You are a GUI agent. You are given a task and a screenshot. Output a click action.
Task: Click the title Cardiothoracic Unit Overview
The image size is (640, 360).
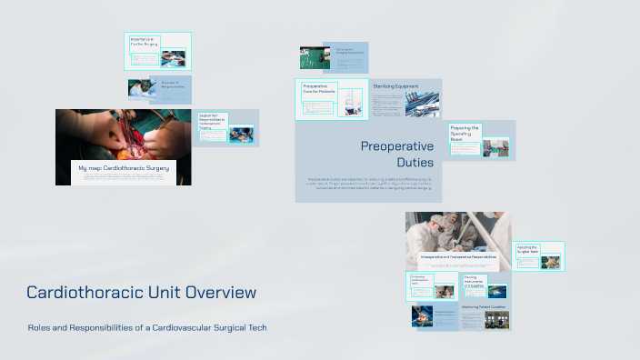pyautogui.click(x=141, y=293)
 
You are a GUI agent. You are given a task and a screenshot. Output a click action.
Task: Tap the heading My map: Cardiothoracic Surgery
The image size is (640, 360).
pyautogui.click(x=124, y=168)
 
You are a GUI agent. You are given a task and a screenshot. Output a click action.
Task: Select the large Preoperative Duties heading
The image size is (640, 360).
pyautogui.click(x=396, y=154)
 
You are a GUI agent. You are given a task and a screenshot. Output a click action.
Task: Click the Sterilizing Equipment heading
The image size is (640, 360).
pyautogui.click(x=395, y=85)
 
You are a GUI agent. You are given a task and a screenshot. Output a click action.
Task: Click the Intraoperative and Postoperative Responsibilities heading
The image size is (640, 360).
pyautogui.click(x=458, y=257)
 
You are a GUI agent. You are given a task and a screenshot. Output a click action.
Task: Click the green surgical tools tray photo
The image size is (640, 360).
pyautogui.click(x=315, y=58)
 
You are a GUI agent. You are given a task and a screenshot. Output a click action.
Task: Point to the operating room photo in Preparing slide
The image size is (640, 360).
pyautogui.click(x=495, y=146)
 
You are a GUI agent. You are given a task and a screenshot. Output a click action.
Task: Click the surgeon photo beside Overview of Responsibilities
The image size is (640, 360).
pyautogui.click(x=142, y=87)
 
